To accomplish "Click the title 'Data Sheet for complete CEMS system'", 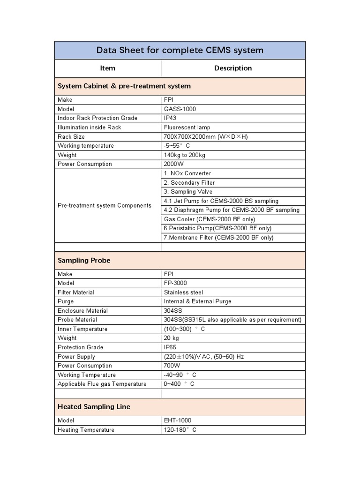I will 180,50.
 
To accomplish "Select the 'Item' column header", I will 107,68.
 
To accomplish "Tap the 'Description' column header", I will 233,68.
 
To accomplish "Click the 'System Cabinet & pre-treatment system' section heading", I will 124,86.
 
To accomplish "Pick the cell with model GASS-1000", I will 180,109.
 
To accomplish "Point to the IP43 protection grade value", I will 170,118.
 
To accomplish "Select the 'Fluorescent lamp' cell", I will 187,127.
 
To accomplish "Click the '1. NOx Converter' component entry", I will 187,173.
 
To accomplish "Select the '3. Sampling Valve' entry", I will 188,192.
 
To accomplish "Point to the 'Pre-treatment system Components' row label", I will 105,205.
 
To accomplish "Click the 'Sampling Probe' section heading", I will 84,260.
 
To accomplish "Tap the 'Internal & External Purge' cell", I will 197,301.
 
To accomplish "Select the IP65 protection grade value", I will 170,347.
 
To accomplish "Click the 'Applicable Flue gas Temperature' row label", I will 102,384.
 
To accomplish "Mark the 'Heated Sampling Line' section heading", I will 94,407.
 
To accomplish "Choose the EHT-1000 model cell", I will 178,420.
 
